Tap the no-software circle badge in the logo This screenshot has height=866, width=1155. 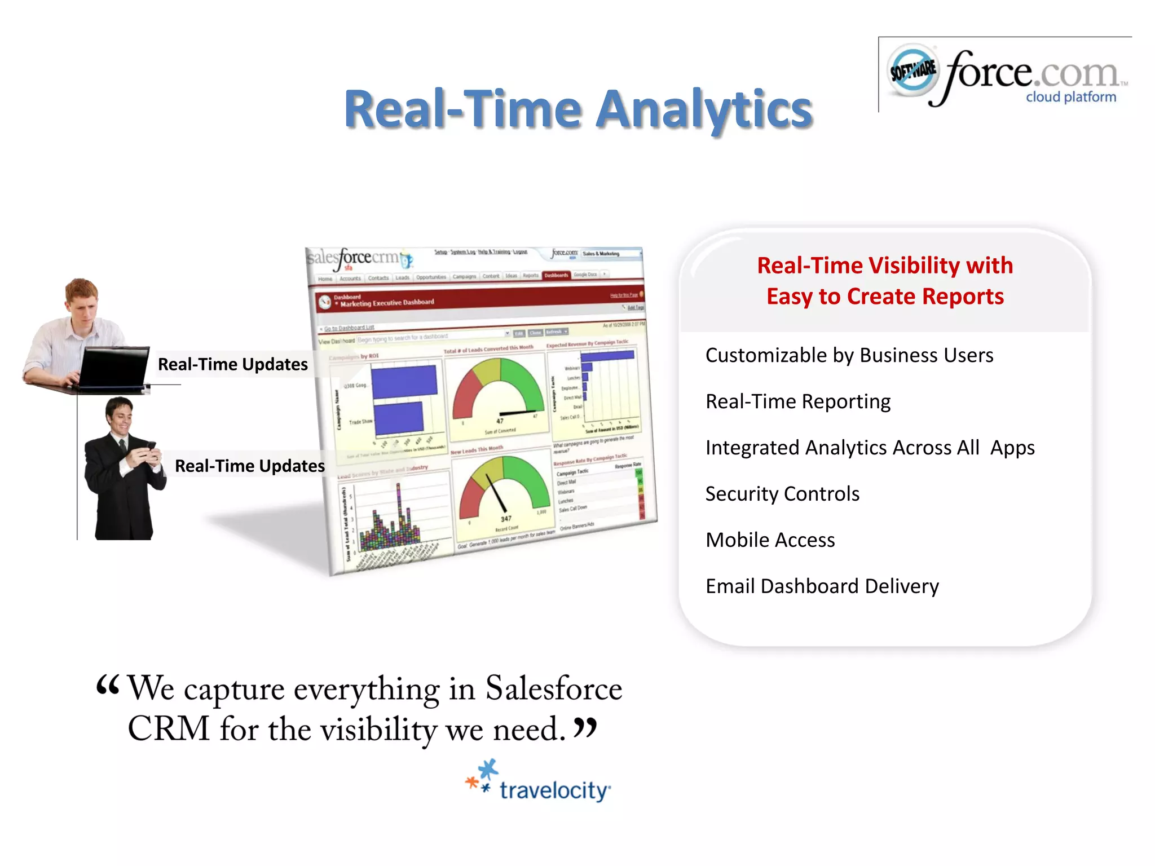(912, 70)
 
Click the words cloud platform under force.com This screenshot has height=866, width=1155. (1070, 97)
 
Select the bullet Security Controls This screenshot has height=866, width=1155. (782, 494)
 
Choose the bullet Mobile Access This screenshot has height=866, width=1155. (770, 540)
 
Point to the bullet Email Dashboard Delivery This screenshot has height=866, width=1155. (822, 586)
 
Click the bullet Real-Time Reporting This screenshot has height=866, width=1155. (797, 401)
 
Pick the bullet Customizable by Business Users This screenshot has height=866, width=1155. (849, 355)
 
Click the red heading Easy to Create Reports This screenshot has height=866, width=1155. (884, 297)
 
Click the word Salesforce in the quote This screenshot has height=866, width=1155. (553, 689)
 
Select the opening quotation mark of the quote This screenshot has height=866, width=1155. (107, 685)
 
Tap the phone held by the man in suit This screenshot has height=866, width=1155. (151, 446)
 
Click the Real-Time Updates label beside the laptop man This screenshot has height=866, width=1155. (232, 364)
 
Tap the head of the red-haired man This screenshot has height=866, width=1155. (82, 299)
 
